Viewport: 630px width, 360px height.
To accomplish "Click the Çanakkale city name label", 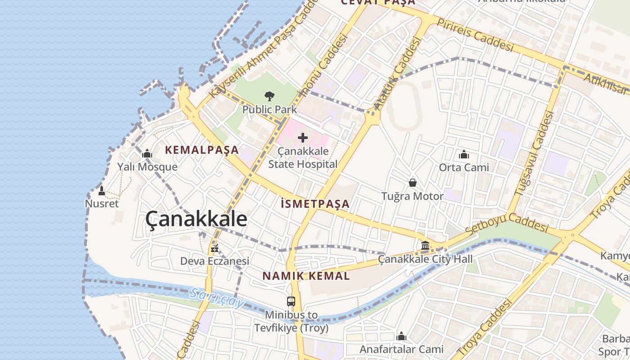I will click(x=196, y=219).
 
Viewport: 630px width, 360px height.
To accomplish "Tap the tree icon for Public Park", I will click(x=270, y=96).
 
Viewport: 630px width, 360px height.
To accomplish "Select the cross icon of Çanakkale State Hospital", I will click(x=303, y=138).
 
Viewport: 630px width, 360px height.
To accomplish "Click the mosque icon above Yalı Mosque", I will click(x=147, y=154).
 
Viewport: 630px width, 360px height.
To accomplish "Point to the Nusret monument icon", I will click(x=102, y=191).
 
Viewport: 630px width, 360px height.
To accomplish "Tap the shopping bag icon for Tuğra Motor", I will click(x=412, y=183).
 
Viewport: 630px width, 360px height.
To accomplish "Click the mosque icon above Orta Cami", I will click(x=464, y=155).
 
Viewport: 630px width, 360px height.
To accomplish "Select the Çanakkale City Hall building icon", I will click(x=425, y=246).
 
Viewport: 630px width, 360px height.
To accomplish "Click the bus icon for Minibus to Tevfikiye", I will click(x=291, y=301).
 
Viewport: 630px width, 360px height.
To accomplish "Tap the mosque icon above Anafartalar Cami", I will click(x=401, y=336).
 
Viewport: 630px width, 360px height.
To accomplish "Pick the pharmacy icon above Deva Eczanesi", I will click(x=215, y=248).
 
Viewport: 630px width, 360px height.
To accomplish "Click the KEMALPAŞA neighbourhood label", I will click(x=202, y=150).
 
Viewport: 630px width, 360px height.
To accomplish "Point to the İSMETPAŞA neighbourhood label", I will click(x=315, y=204).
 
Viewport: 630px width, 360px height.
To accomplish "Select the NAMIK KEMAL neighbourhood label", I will click(x=306, y=276).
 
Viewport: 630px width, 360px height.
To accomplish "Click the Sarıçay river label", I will click(x=216, y=298).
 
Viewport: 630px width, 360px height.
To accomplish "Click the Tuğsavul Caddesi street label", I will click(x=535, y=153).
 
